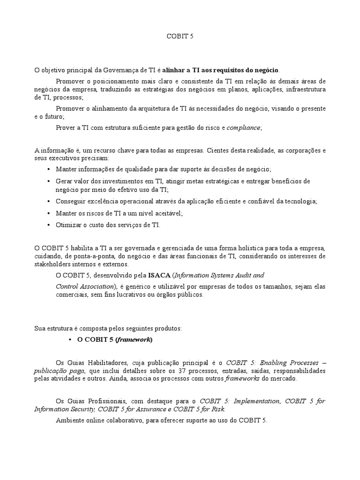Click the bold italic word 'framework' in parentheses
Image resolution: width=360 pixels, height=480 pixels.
pos(134,339)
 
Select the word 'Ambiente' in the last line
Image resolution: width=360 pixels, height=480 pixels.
pos(69,421)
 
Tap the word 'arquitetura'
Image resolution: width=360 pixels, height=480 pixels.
pos(151,108)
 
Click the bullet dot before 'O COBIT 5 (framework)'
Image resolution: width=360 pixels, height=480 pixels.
pos(70,339)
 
